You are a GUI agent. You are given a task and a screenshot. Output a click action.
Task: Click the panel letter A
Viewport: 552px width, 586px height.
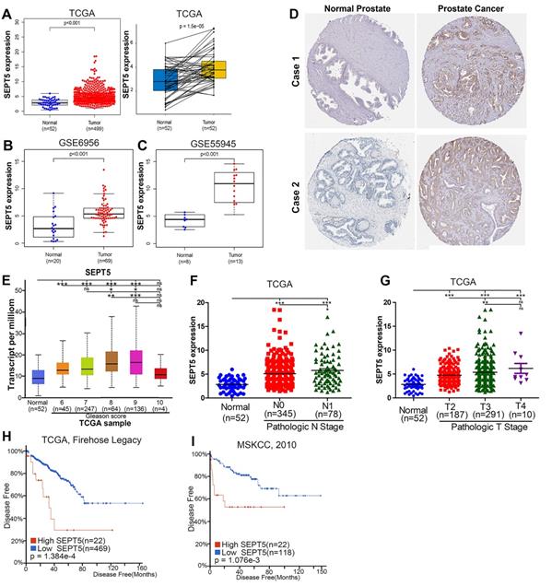coord(8,8)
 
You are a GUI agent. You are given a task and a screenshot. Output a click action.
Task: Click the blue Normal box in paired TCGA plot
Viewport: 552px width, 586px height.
coord(165,80)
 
